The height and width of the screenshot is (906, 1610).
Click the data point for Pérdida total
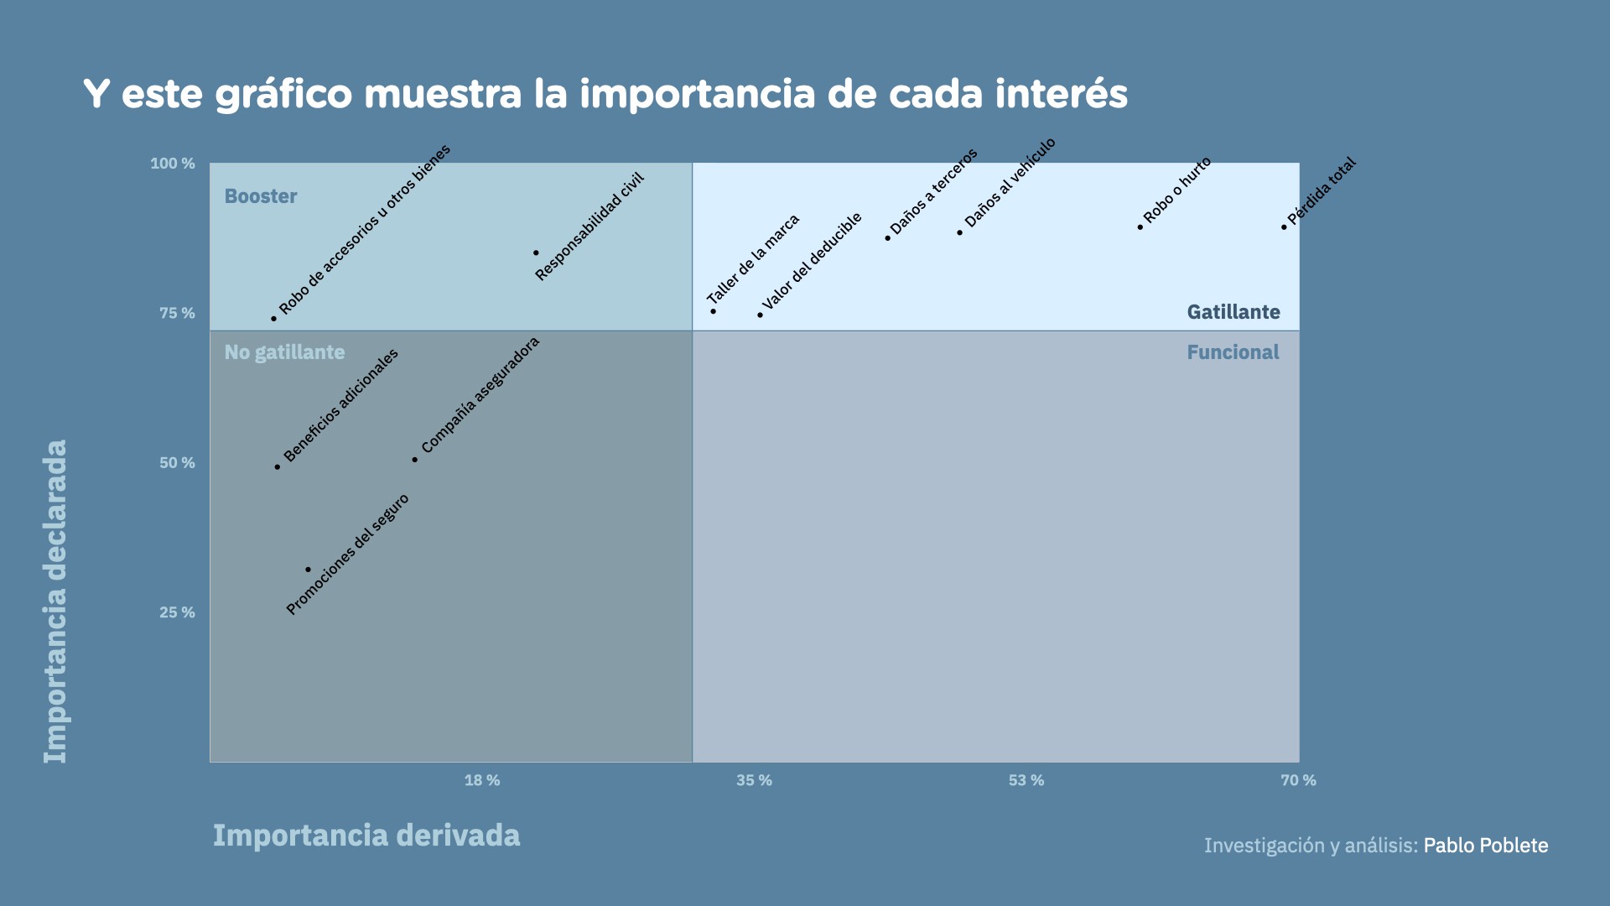[x=1284, y=227]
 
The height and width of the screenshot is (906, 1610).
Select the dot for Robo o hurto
[x=1140, y=227]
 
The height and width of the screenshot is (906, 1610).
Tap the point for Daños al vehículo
[x=960, y=232]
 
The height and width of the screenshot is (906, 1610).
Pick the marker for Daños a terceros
[x=888, y=238]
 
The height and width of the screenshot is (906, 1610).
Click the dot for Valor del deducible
[x=761, y=315]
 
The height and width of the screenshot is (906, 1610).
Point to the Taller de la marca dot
[x=714, y=311]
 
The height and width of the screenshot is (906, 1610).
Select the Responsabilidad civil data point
[x=537, y=253]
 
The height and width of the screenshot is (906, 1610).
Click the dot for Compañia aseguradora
[x=415, y=460]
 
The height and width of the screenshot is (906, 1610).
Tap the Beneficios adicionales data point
[x=278, y=467]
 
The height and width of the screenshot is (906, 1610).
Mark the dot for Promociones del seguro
[x=308, y=570]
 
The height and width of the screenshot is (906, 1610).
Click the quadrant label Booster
[x=261, y=196]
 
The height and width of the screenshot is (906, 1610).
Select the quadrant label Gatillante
[x=1233, y=312]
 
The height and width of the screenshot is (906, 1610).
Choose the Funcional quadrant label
[x=1233, y=352]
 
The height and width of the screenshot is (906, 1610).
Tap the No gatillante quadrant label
[x=284, y=352]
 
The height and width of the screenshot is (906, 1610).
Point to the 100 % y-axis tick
[x=173, y=164]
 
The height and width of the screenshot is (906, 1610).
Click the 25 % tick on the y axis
[x=177, y=612]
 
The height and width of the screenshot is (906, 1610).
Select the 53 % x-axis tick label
[x=1026, y=780]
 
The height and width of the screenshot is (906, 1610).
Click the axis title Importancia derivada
[x=366, y=836]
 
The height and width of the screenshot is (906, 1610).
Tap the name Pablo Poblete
[x=1486, y=846]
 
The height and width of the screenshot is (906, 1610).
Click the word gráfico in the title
[x=284, y=94]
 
